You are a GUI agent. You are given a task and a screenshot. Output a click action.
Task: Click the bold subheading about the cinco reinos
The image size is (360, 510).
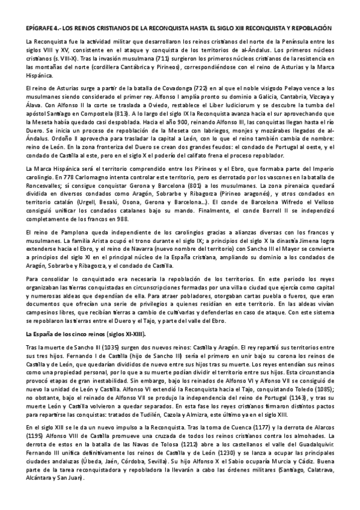click(86, 334)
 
